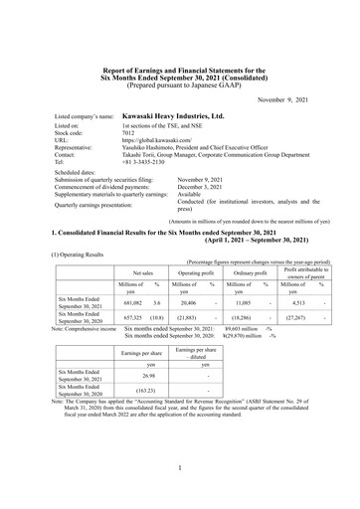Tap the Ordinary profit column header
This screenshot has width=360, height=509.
253,271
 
